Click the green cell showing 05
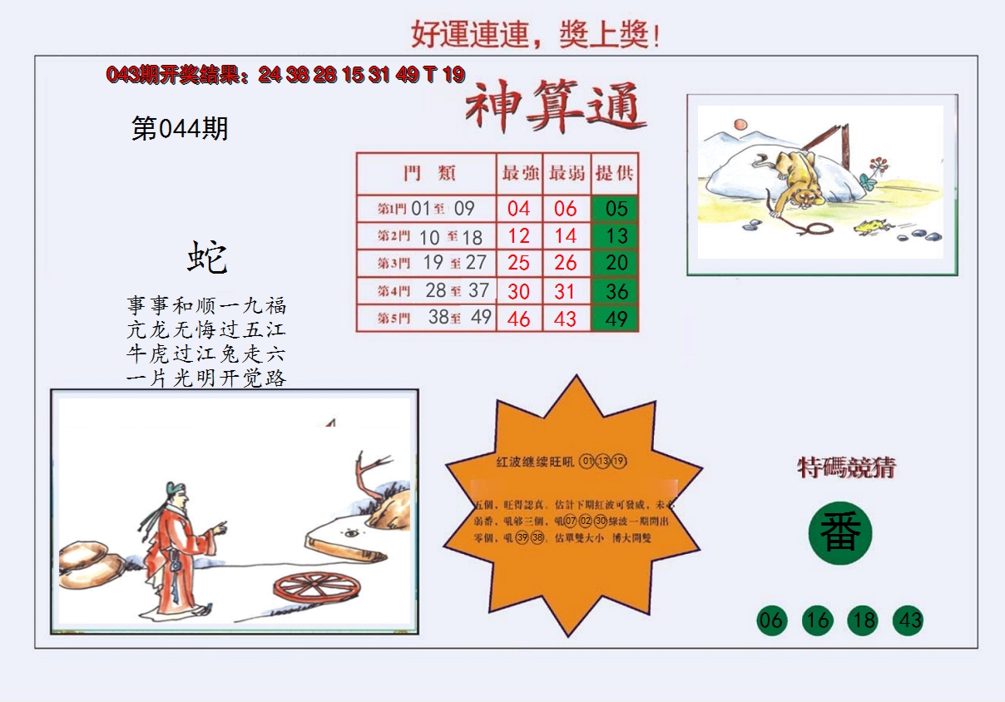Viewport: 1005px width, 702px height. click(616, 208)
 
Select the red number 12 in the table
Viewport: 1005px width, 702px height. click(519, 236)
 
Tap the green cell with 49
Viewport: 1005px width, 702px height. click(616, 319)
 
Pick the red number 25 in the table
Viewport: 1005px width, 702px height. click(519, 264)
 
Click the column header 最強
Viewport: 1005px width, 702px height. click(520, 174)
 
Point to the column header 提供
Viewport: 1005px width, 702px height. click(616, 174)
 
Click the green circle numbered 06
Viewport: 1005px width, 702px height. click(771, 620)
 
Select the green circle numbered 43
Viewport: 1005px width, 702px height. click(908, 620)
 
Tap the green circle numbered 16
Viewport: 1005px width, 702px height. click(817, 620)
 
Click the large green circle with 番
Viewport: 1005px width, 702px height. click(839, 533)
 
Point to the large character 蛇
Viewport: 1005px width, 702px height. click(206, 257)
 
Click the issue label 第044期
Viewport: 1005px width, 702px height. click(180, 129)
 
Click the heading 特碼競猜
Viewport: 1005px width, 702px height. click(846, 468)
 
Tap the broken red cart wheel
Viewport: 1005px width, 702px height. click(317, 587)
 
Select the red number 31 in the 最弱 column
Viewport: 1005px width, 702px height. click(566, 291)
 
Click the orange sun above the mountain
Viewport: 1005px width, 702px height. click(738, 124)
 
